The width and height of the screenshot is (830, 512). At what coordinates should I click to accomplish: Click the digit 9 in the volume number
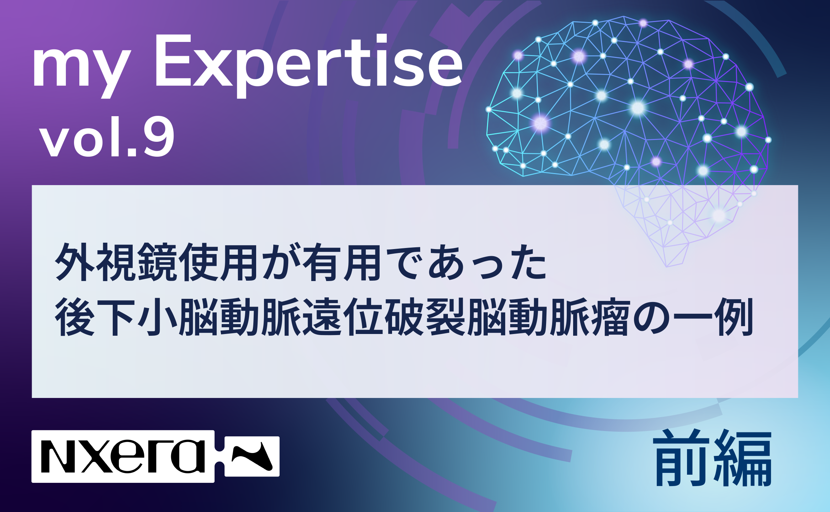(x=159, y=137)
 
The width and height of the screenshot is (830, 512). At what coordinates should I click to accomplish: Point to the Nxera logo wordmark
(x=123, y=456)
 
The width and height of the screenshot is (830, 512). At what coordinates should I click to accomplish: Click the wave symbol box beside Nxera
(x=252, y=456)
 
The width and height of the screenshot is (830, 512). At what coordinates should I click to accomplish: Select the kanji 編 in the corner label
(x=744, y=459)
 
